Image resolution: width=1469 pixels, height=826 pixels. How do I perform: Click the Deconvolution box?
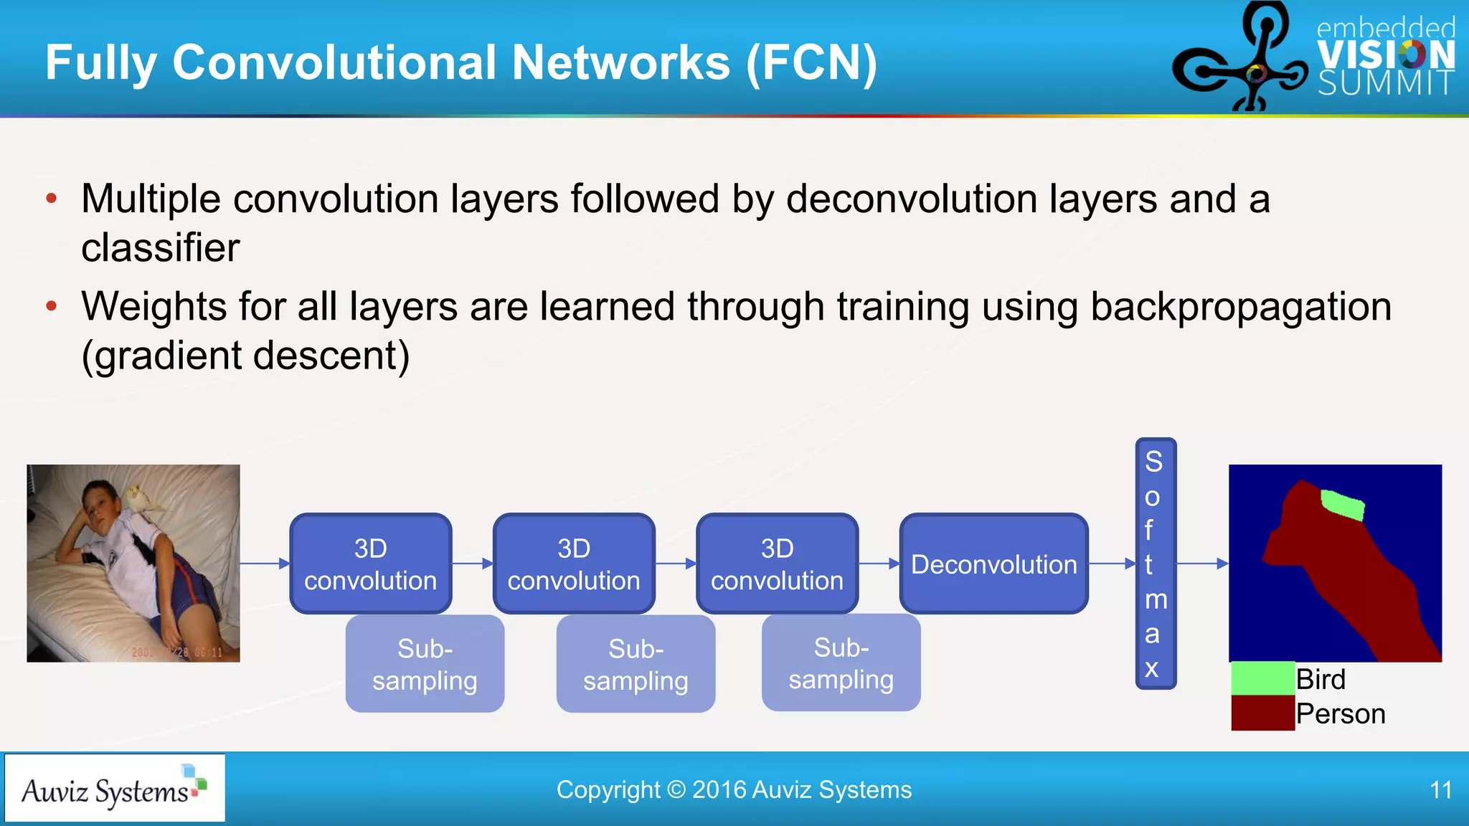point(993,564)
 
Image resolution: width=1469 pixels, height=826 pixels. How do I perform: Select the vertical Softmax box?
point(1155,564)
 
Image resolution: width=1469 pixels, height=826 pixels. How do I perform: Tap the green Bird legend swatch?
point(1262,678)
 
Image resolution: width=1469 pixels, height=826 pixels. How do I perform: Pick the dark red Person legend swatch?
point(1262,713)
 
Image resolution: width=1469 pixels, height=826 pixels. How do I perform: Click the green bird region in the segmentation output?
point(1342,505)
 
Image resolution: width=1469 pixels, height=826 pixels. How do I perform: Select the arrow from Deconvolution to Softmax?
point(1112,564)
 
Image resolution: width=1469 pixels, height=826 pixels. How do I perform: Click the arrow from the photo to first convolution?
point(265,564)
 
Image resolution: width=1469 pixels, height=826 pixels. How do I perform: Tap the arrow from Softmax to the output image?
point(1203,564)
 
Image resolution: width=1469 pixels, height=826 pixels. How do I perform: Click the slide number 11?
point(1440,790)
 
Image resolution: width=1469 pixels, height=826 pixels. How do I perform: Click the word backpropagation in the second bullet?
point(1241,307)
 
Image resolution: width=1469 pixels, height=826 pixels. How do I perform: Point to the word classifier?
point(161,248)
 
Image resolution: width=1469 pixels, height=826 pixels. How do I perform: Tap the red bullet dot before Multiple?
point(51,199)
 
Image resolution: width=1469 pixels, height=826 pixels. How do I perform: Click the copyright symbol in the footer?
point(676,790)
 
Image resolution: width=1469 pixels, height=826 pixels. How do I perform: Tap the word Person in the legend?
point(1341,714)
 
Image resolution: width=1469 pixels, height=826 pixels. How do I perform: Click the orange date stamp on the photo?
point(177,652)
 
